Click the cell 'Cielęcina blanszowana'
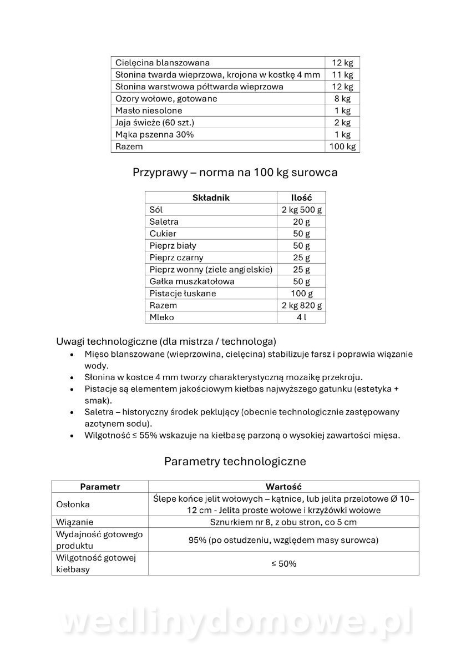pyautogui.click(x=163, y=63)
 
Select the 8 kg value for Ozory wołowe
pyautogui.click(x=342, y=99)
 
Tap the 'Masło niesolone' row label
pyautogui.click(x=149, y=111)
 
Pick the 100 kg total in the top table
pyautogui.click(x=342, y=147)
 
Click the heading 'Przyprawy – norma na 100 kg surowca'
pyautogui.click(x=235, y=172)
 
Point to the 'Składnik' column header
pyautogui.click(x=211, y=198)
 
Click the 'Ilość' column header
pyautogui.click(x=301, y=198)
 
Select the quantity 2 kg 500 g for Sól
pyautogui.click(x=301, y=210)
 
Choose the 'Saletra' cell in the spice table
pyautogui.click(x=164, y=221)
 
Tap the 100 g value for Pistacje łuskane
pyautogui.click(x=301, y=294)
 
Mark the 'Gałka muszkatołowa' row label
pyautogui.click(x=184, y=281)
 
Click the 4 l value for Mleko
pyautogui.click(x=301, y=317)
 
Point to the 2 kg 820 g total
pyautogui.click(x=301, y=306)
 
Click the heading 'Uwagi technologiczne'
pyautogui.click(x=166, y=341)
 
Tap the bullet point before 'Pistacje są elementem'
pyautogui.click(x=72, y=389)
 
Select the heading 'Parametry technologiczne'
pyautogui.click(x=235, y=461)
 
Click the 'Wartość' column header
pyautogui.click(x=283, y=487)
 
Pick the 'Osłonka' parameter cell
pyautogui.click(x=73, y=504)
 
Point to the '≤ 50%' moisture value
pyautogui.click(x=283, y=564)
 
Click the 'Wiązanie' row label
pyautogui.click(x=75, y=522)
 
